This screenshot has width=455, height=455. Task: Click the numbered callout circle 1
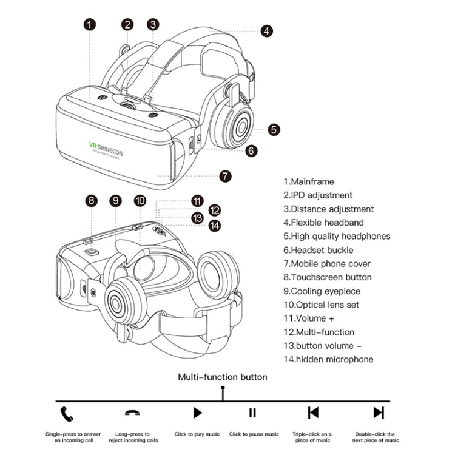point(90,25)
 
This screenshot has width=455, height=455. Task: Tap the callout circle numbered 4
point(267,31)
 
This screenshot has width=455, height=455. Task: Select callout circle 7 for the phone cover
point(225,177)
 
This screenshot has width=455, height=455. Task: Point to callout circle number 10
point(140,201)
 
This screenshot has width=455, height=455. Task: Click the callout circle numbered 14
point(214,225)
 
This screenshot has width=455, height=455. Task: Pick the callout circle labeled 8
point(92,201)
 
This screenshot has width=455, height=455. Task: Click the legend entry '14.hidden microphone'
point(328,359)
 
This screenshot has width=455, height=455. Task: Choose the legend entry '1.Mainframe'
point(308,181)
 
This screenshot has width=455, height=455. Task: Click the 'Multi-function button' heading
point(222,377)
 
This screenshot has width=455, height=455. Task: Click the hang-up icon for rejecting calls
point(131,413)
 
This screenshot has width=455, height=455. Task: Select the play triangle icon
point(197,413)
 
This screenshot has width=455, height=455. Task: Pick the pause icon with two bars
point(252,413)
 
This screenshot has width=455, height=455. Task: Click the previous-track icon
point(313,413)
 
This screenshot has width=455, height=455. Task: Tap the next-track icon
point(379,413)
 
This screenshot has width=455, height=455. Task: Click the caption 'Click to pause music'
point(254,434)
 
